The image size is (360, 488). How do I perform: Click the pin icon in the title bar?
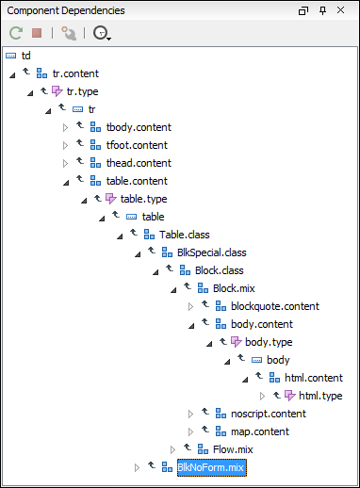322,10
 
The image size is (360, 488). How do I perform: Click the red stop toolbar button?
37,33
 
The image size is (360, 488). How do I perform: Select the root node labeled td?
25,57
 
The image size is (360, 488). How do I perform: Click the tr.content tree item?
75,73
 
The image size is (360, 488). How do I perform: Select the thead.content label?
138,163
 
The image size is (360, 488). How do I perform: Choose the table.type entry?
143,199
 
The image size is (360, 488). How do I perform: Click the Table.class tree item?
185,235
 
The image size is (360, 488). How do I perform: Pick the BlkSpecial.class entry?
211,252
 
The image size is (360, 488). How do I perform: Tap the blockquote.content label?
274,306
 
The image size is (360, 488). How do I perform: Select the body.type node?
269,342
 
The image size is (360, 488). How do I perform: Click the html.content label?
313,378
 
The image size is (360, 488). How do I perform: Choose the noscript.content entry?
268,414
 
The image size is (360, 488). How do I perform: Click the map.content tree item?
259,431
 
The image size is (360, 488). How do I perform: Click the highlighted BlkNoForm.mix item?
210,467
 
